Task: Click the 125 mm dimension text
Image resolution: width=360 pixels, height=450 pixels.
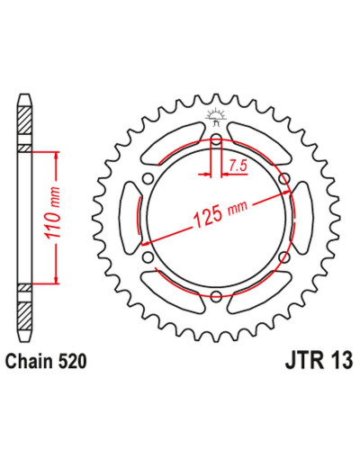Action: (221, 213)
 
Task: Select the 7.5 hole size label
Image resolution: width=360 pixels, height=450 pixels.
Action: (238, 166)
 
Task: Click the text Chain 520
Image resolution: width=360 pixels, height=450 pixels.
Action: (46, 361)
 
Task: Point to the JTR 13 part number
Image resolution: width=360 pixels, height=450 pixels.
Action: (319, 361)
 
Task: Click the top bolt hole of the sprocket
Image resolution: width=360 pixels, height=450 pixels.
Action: (216, 139)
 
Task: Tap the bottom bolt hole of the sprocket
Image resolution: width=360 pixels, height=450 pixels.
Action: (216, 297)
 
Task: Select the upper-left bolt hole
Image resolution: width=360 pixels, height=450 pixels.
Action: (148, 178)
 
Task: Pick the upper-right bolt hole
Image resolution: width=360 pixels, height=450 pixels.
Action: (284, 178)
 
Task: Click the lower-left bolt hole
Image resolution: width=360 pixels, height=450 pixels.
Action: (148, 257)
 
